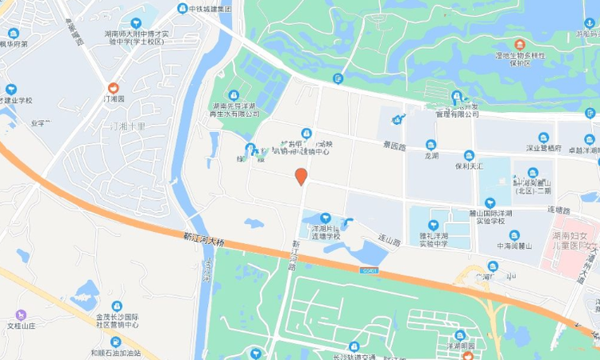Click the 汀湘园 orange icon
pyautogui.click(x=114, y=87)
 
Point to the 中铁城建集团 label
pyautogui.click(x=210, y=9)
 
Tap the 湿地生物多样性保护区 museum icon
pyautogui.click(x=520, y=44)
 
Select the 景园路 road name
pyautogui.click(x=394, y=146)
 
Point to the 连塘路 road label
pyautogui.click(x=558, y=210)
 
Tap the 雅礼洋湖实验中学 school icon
pyautogui.click(x=433, y=227)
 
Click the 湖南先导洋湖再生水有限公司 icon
pyautogui.click(x=234, y=95)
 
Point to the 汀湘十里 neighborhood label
pyautogui.click(x=129, y=126)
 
